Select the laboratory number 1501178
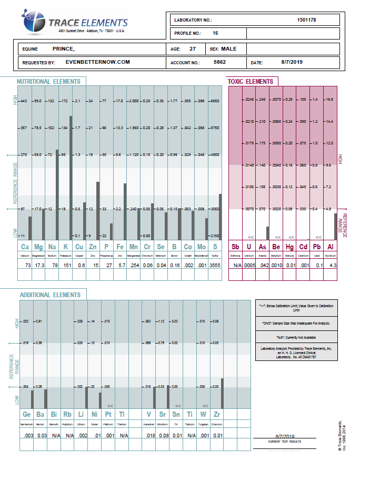(x=306, y=20)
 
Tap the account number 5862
(x=220, y=62)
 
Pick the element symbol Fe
(x=120, y=247)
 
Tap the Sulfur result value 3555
(x=215, y=265)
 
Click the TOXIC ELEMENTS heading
(x=250, y=82)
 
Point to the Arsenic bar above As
(x=267, y=233)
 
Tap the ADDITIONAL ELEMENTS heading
(x=50, y=295)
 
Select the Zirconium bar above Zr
(x=223, y=393)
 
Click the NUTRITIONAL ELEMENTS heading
(x=48, y=82)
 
